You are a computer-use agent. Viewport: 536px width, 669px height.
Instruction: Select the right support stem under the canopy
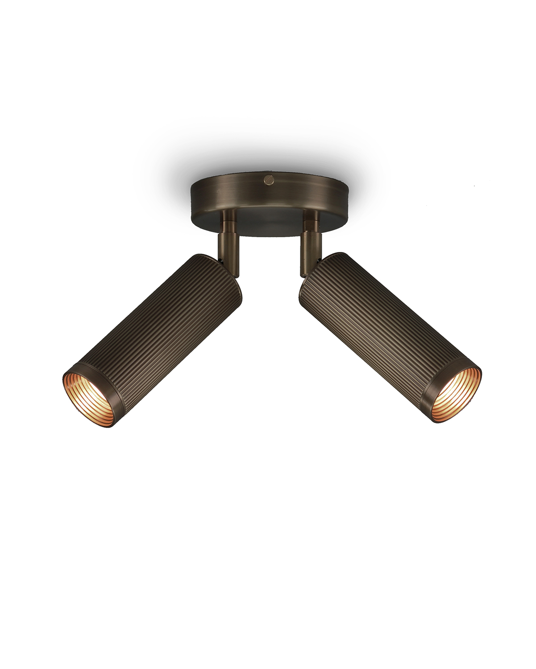point(311,243)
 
